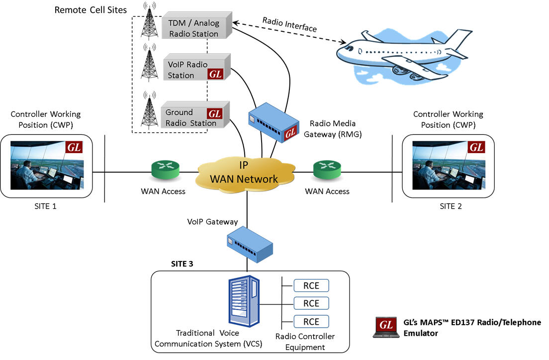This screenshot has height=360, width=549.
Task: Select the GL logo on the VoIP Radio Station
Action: click(x=215, y=75)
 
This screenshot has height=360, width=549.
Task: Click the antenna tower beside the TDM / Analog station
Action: click(x=148, y=22)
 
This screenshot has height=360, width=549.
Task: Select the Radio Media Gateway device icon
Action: click(x=274, y=124)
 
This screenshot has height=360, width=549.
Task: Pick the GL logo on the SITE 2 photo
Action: click(x=476, y=147)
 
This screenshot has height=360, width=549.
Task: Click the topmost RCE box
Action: click(x=311, y=286)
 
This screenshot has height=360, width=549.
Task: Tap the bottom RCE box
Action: click(x=311, y=321)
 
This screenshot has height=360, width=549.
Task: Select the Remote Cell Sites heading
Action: click(x=91, y=9)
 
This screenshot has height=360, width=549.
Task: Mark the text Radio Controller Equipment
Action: click(x=305, y=342)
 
